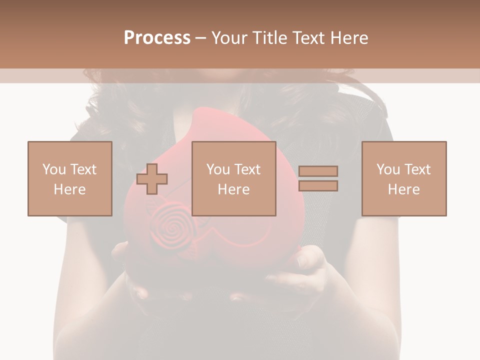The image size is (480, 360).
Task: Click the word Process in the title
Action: [x=157, y=38]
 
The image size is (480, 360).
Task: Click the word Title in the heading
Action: [x=270, y=38]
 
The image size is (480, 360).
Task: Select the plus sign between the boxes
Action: [x=152, y=179]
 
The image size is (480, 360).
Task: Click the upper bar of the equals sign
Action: [x=318, y=171]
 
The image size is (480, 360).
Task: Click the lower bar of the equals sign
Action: [x=318, y=186]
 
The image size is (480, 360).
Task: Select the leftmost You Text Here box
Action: [x=69, y=178]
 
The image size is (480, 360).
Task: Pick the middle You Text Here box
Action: [x=233, y=178]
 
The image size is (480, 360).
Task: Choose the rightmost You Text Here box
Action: [x=404, y=178]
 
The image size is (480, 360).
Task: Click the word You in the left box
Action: [x=53, y=169]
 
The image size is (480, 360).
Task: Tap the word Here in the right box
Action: [x=404, y=189]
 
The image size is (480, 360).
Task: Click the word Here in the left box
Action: [x=69, y=189]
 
